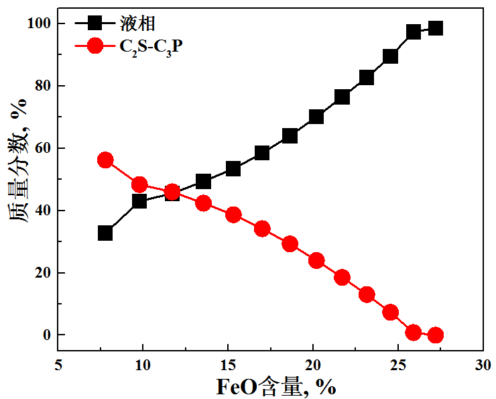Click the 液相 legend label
pos(142,25)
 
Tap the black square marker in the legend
pos(95,24)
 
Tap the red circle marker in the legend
pos(95,46)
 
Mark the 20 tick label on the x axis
pos(313,365)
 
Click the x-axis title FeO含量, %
pos(275,387)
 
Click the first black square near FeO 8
pos(105,233)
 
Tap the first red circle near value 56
pos(105,160)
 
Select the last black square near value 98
pos(436,28)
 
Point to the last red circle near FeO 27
pos(436,335)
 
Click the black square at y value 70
pos(316,117)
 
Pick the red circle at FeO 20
pos(316,260)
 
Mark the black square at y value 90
pos(390,56)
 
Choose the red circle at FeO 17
pos(262,229)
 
